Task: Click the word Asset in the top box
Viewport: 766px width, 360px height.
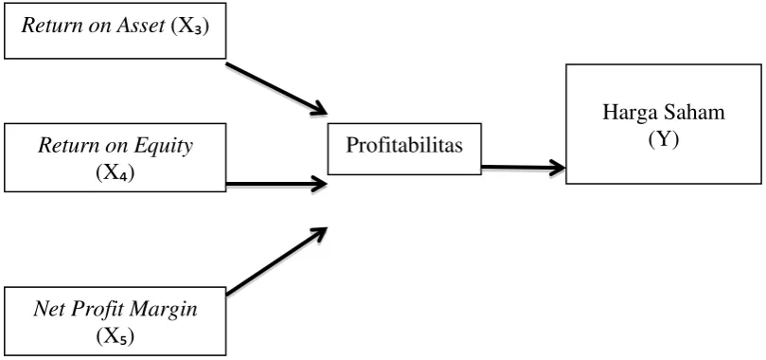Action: point(141,26)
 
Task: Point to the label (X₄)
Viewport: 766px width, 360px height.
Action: point(116,173)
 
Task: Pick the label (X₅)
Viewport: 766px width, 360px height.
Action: point(116,337)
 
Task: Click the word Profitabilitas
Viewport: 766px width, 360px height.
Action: point(404,145)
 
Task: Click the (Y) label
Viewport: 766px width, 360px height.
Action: point(664,140)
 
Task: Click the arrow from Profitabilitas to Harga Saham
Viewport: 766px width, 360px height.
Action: point(524,168)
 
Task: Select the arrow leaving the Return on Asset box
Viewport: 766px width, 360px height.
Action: point(276,88)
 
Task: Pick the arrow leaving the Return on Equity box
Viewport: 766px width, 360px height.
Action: point(276,184)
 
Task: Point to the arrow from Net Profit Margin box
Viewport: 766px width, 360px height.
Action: point(276,261)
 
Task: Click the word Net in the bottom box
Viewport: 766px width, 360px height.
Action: point(47,310)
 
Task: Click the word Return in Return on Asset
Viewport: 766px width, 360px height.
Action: point(45,26)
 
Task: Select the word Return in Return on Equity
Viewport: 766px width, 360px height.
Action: point(62,146)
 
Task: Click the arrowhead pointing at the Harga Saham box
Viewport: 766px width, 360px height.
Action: point(558,168)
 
